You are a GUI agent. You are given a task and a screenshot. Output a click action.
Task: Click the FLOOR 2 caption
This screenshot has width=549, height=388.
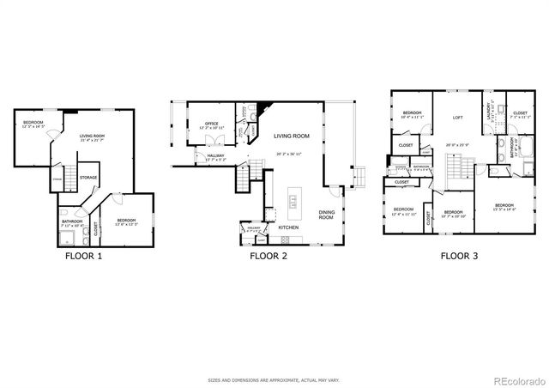(x=270, y=255)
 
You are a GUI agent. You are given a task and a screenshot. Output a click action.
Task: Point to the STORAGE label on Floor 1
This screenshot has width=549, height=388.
(x=88, y=178)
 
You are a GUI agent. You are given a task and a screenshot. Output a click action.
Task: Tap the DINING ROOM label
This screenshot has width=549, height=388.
(x=327, y=215)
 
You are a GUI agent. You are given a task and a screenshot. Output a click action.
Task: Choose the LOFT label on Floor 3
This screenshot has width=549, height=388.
(x=458, y=118)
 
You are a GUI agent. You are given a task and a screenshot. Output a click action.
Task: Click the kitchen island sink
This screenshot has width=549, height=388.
(x=293, y=203)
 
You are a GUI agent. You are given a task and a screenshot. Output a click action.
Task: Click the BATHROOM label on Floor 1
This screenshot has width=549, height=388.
(x=71, y=221)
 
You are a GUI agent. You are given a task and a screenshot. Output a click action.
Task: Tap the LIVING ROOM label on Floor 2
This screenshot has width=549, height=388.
(x=292, y=136)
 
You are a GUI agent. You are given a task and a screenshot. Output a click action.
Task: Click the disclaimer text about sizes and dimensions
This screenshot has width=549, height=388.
(x=274, y=379)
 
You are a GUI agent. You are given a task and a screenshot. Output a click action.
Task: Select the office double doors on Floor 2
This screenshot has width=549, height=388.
(x=219, y=141)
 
